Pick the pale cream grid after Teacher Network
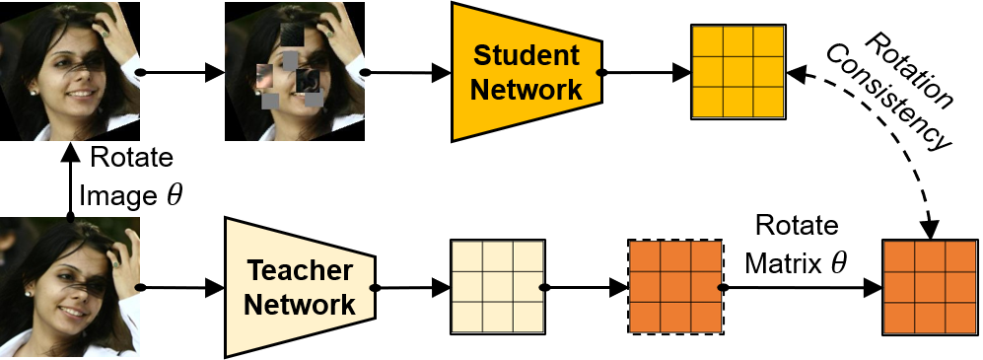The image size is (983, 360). [x=496, y=287]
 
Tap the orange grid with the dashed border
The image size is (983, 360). [x=675, y=287]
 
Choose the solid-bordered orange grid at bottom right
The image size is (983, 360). [x=931, y=287]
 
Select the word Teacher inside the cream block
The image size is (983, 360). [x=300, y=268]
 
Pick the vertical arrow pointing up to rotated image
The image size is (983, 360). [x=69, y=182]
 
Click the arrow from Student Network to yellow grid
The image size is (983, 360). [x=646, y=72]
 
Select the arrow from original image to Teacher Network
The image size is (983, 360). [x=182, y=288]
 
